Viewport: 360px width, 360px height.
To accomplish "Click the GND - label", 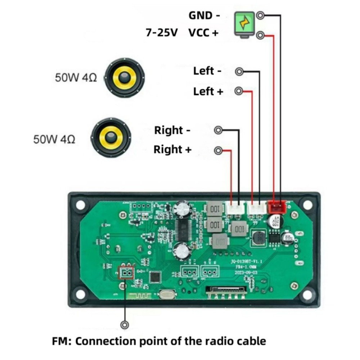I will click(204, 15).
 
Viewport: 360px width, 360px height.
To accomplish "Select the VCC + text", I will click(203, 33).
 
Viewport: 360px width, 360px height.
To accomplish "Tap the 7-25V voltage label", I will click(162, 33).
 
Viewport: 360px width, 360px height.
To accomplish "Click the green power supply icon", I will click(244, 24).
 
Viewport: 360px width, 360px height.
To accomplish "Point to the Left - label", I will click(207, 71).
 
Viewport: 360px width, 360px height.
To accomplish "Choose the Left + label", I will click(208, 91).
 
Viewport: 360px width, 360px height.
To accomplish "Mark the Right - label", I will click(172, 130).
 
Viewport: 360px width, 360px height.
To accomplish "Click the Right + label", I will click(172, 149).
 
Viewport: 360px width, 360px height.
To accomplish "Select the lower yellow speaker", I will click(111, 138).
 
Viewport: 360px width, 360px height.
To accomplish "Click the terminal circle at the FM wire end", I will click(125, 325).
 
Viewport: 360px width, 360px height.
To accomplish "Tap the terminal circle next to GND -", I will click(261, 15).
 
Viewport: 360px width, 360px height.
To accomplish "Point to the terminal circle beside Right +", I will click(218, 150).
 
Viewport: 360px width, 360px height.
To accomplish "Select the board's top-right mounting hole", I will click(307, 204).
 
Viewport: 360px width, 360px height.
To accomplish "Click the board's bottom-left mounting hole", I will click(80, 294).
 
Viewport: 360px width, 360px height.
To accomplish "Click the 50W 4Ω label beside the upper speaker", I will click(76, 77).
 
